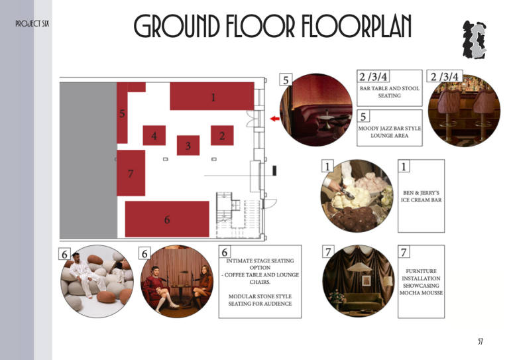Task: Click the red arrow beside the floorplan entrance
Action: (274, 119)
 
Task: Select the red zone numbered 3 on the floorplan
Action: (188, 145)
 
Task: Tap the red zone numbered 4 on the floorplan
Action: (154, 135)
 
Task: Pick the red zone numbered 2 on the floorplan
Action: (222, 135)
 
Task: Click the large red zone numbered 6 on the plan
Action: (167, 219)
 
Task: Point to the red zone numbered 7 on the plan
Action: (131, 173)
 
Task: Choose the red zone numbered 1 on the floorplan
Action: (212, 96)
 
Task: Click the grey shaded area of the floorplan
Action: (88, 160)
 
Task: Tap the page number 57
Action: (481, 341)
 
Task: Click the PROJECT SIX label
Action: (32, 24)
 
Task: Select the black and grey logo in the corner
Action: (475, 40)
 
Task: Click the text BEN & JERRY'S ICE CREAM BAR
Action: (421, 196)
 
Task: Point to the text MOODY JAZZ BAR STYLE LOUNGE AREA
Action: (390, 132)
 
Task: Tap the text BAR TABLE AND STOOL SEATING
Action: (390, 92)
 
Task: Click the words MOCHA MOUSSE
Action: (421, 293)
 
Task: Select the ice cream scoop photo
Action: (357, 196)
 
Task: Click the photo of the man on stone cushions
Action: (97, 281)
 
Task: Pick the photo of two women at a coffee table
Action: (177, 281)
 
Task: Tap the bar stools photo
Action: (464, 110)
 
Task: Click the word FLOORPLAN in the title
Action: (357, 26)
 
